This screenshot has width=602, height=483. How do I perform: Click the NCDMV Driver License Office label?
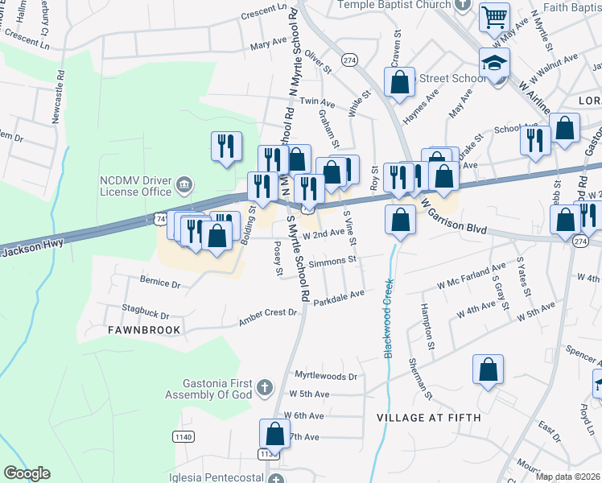(x=135, y=186)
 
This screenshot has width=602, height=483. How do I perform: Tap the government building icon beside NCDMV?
(x=184, y=186)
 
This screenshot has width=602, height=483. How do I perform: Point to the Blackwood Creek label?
(x=389, y=319)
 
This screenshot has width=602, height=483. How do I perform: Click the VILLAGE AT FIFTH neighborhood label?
(x=429, y=418)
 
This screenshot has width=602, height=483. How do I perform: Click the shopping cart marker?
(x=494, y=16)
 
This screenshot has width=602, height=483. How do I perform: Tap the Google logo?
(x=27, y=473)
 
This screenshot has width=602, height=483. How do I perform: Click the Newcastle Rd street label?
(x=57, y=100)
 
